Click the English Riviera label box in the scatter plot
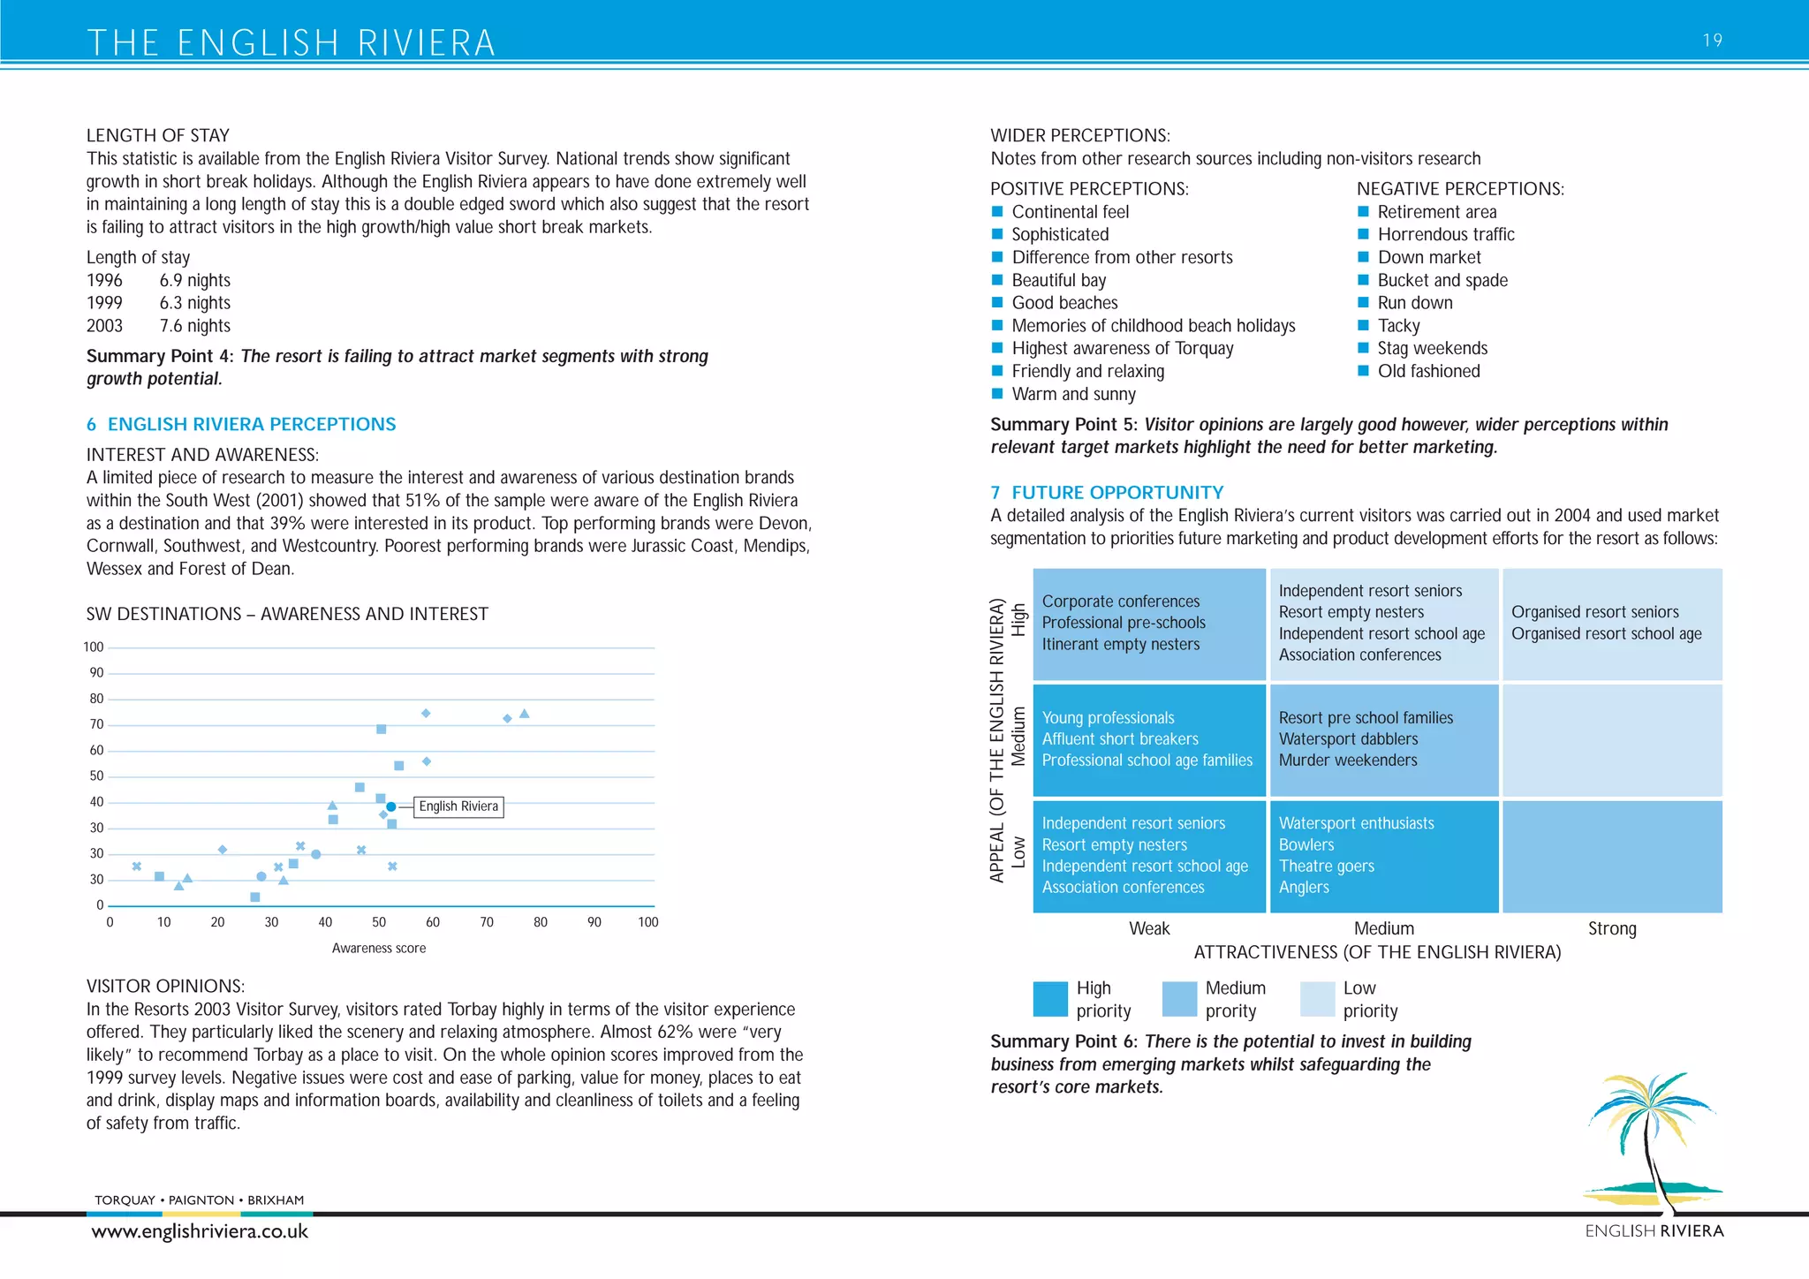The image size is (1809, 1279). [x=458, y=806]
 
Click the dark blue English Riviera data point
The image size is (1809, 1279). [x=390, y=806]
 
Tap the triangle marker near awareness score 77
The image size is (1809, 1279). [x=524, y=714]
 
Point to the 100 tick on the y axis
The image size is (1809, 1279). [x=94, y=647]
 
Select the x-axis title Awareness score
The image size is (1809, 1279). [x=379, y=948]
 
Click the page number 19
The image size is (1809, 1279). [x=1712, y=40]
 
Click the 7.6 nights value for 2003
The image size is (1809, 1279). [x=194, y=326]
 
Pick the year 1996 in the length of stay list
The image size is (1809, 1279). [x=104, y=280]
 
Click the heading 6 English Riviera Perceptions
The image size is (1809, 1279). [x=241, y=424]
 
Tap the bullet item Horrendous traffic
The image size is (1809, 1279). [x=1445, y=234]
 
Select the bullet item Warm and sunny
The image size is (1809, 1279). [x=1073, y=394]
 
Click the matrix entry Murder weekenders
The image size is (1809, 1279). [x=1348, y=761]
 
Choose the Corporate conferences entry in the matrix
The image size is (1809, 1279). [x=1120, y=602]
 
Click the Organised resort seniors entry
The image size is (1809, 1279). [x=1594, y=612]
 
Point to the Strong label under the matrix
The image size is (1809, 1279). [x=1611, y=928]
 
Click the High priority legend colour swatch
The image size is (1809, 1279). [x=1050, y=999]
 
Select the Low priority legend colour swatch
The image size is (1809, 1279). [x=1317, y=999]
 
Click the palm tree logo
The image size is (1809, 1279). [x=1650, y=1139]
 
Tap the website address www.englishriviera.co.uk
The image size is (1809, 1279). [x=200, y=1231]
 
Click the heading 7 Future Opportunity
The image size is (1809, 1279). [x=1107, y=493]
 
